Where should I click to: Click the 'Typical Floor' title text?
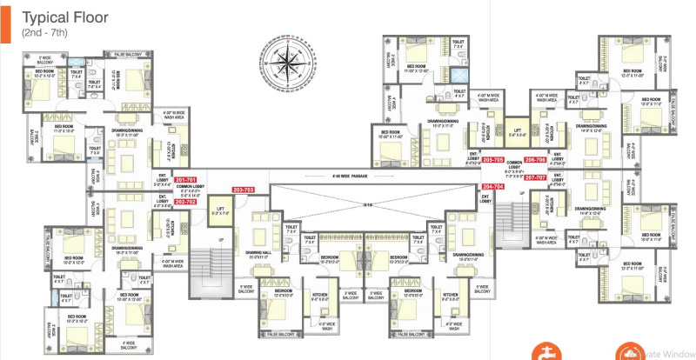tap(64, 17)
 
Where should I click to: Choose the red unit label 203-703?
tap(244, 189)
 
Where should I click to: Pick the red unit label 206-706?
tap(535, 160)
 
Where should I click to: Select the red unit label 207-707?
tap(535, 177)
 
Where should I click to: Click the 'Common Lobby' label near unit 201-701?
tap(188, 188)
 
